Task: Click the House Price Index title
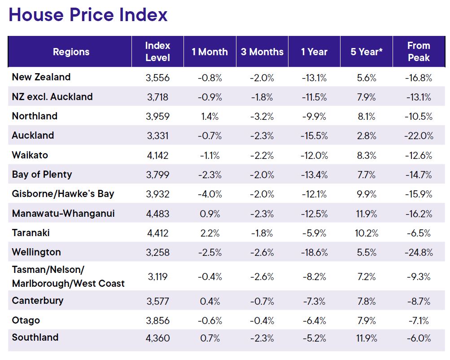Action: click(x=88, y=15)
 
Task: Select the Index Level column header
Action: click(x=157, y=52)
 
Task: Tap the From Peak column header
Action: click(x=419, y=52)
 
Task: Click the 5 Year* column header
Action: click(x=367, y=52)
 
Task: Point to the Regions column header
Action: click(x=71, y=52)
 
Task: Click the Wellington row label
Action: click(x=36, y=252)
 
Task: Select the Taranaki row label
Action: click(x=31, y=233)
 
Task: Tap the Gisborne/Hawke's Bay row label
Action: click(x=63, y=193)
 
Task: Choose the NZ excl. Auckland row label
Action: click(x=52, y=97)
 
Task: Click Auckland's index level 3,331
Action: click(x=157, y=136)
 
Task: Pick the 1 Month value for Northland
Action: click(x=210, y=116)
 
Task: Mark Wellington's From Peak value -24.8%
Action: click(x=419, y=252)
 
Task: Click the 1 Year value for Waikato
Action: click(x=314, y=155)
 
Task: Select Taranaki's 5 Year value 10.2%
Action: click(x=367, y=233)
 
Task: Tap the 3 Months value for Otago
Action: click(x=262, y=320)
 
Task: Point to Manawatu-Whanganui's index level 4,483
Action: click(x=157, y=214)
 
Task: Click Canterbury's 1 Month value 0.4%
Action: click(x=210, y=301)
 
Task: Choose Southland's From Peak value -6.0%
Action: click(x=419, y=338)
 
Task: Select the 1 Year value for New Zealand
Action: click(x=314, y=77)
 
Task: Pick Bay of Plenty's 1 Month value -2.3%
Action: click(x=210, y=175)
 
